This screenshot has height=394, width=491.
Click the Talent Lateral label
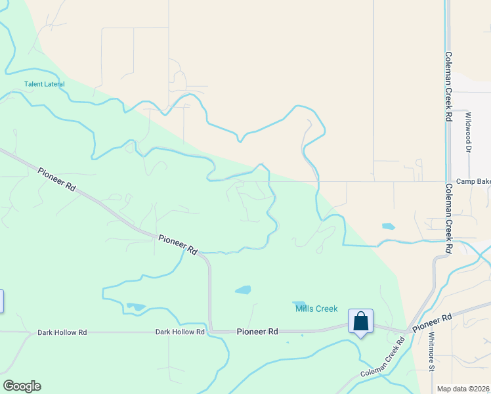pos(45,84)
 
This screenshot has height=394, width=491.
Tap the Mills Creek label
pos(316,309)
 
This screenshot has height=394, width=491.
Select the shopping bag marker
pos(360,322)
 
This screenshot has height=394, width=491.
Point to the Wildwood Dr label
pos(469,133)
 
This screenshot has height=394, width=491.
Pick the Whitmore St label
pos(431,352)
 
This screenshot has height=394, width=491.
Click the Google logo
pos(22,386)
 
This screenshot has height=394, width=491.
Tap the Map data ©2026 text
pos(463,389)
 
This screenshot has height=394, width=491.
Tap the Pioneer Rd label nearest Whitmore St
pos(433,322)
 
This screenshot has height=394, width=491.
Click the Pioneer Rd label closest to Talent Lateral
pos(57,179)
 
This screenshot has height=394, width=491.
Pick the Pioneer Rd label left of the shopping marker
pos(257,332)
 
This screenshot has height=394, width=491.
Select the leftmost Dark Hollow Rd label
pos(62,333)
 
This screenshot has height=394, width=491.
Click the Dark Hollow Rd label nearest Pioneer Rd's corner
pos(180,332)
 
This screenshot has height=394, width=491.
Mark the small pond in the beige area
pos(389,227)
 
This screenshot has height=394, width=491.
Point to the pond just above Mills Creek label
pos(299,303)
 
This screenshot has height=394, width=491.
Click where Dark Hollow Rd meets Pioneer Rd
pos(210,332)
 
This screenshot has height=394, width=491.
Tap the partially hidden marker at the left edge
pos(1,301)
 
